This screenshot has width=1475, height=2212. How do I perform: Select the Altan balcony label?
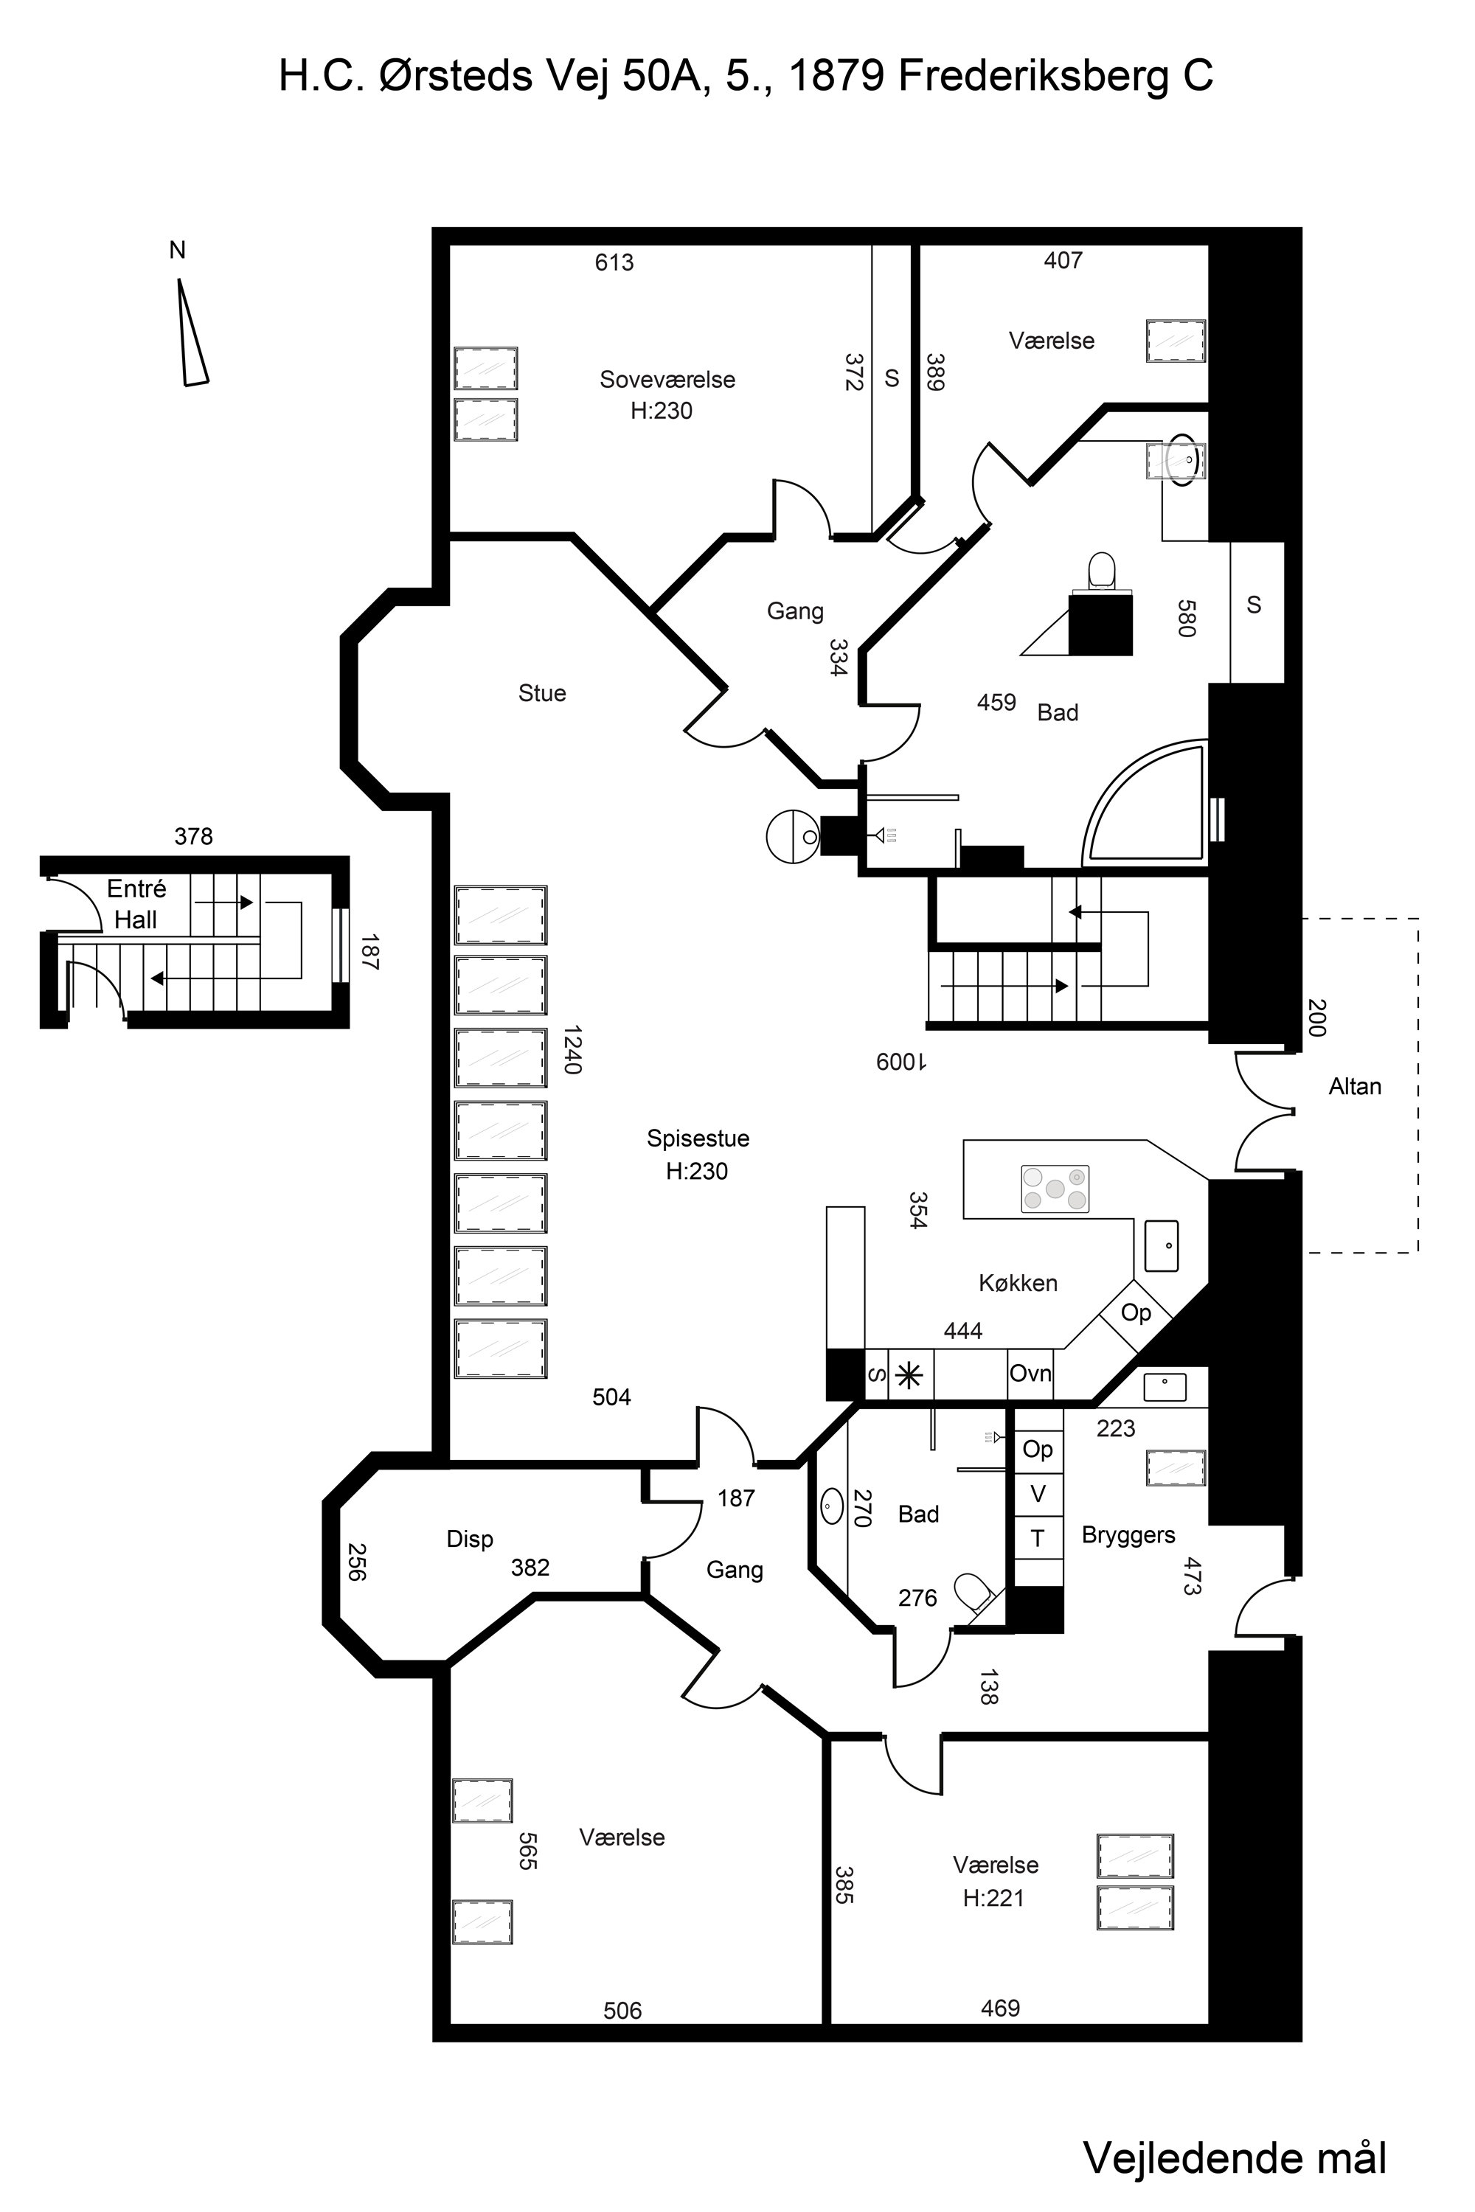pos(1355,1087)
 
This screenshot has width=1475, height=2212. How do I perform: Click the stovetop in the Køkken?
pos(1055,1188)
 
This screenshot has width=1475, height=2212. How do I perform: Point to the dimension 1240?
pos(573,1048)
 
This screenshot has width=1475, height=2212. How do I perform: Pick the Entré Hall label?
pos(136,905)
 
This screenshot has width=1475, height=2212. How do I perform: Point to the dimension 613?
pos(614,263)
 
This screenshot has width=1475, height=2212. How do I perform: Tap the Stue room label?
pos(542,693)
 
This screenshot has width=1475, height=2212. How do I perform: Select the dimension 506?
pos(622,2011)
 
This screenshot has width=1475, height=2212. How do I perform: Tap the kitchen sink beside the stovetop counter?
pos(1162,1245)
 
